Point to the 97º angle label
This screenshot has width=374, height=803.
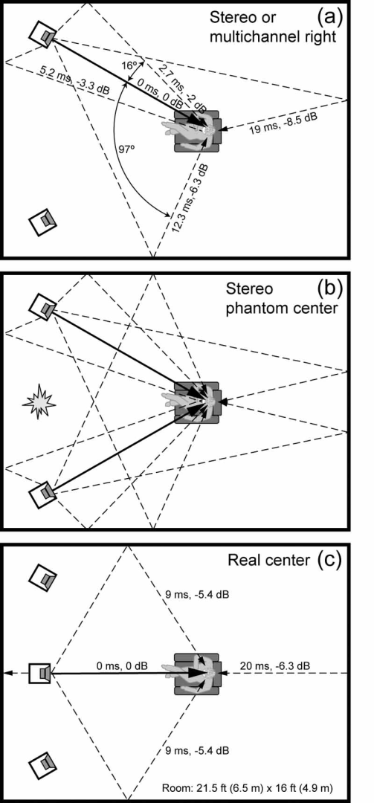[x=126, y=148]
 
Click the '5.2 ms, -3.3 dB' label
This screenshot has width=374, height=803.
[x=75, y=78]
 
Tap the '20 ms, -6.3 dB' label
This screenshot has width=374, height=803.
[x=274, y=665]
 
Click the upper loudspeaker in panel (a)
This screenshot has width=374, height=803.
[x=42, y=34]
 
